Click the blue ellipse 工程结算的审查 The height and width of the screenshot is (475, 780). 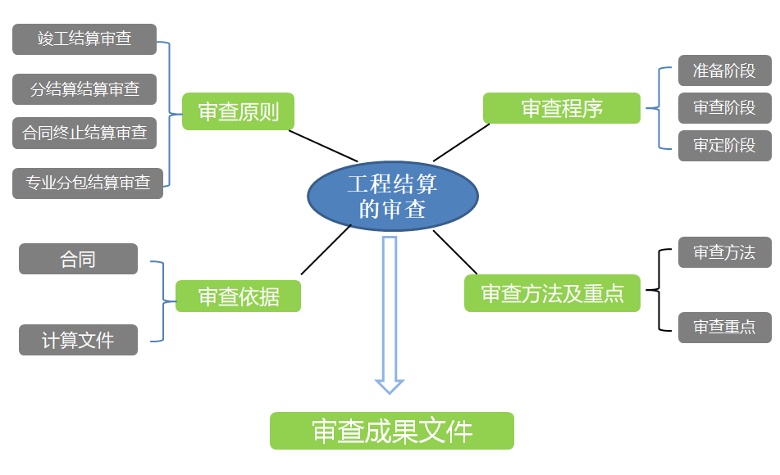pos(392,197)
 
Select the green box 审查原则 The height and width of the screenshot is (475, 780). pos(239,111)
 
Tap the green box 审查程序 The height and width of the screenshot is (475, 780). pos(561,108)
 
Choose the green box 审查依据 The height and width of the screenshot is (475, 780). pos(238,296)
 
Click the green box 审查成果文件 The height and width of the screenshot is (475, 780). pos(391,431)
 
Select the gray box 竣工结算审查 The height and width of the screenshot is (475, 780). pos(84,39)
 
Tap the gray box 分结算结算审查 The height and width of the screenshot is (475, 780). pos(84,89)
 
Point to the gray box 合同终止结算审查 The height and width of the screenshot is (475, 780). pos(84,133)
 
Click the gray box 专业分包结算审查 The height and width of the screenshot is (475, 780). pos(88,183)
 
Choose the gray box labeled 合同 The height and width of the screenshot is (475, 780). pos(78,259)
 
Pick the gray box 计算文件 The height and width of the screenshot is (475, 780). pos(78,339)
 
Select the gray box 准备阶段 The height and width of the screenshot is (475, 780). pos(724,70)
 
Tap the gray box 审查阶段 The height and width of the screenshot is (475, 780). pos(724,108)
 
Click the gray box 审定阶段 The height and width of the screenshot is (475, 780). pos(724,145)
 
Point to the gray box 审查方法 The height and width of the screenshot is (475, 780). pos(724,252)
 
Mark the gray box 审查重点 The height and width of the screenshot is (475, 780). pos(724,327)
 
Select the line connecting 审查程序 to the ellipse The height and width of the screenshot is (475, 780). pos(461,142)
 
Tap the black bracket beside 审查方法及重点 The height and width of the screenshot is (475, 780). pos(659,290)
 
